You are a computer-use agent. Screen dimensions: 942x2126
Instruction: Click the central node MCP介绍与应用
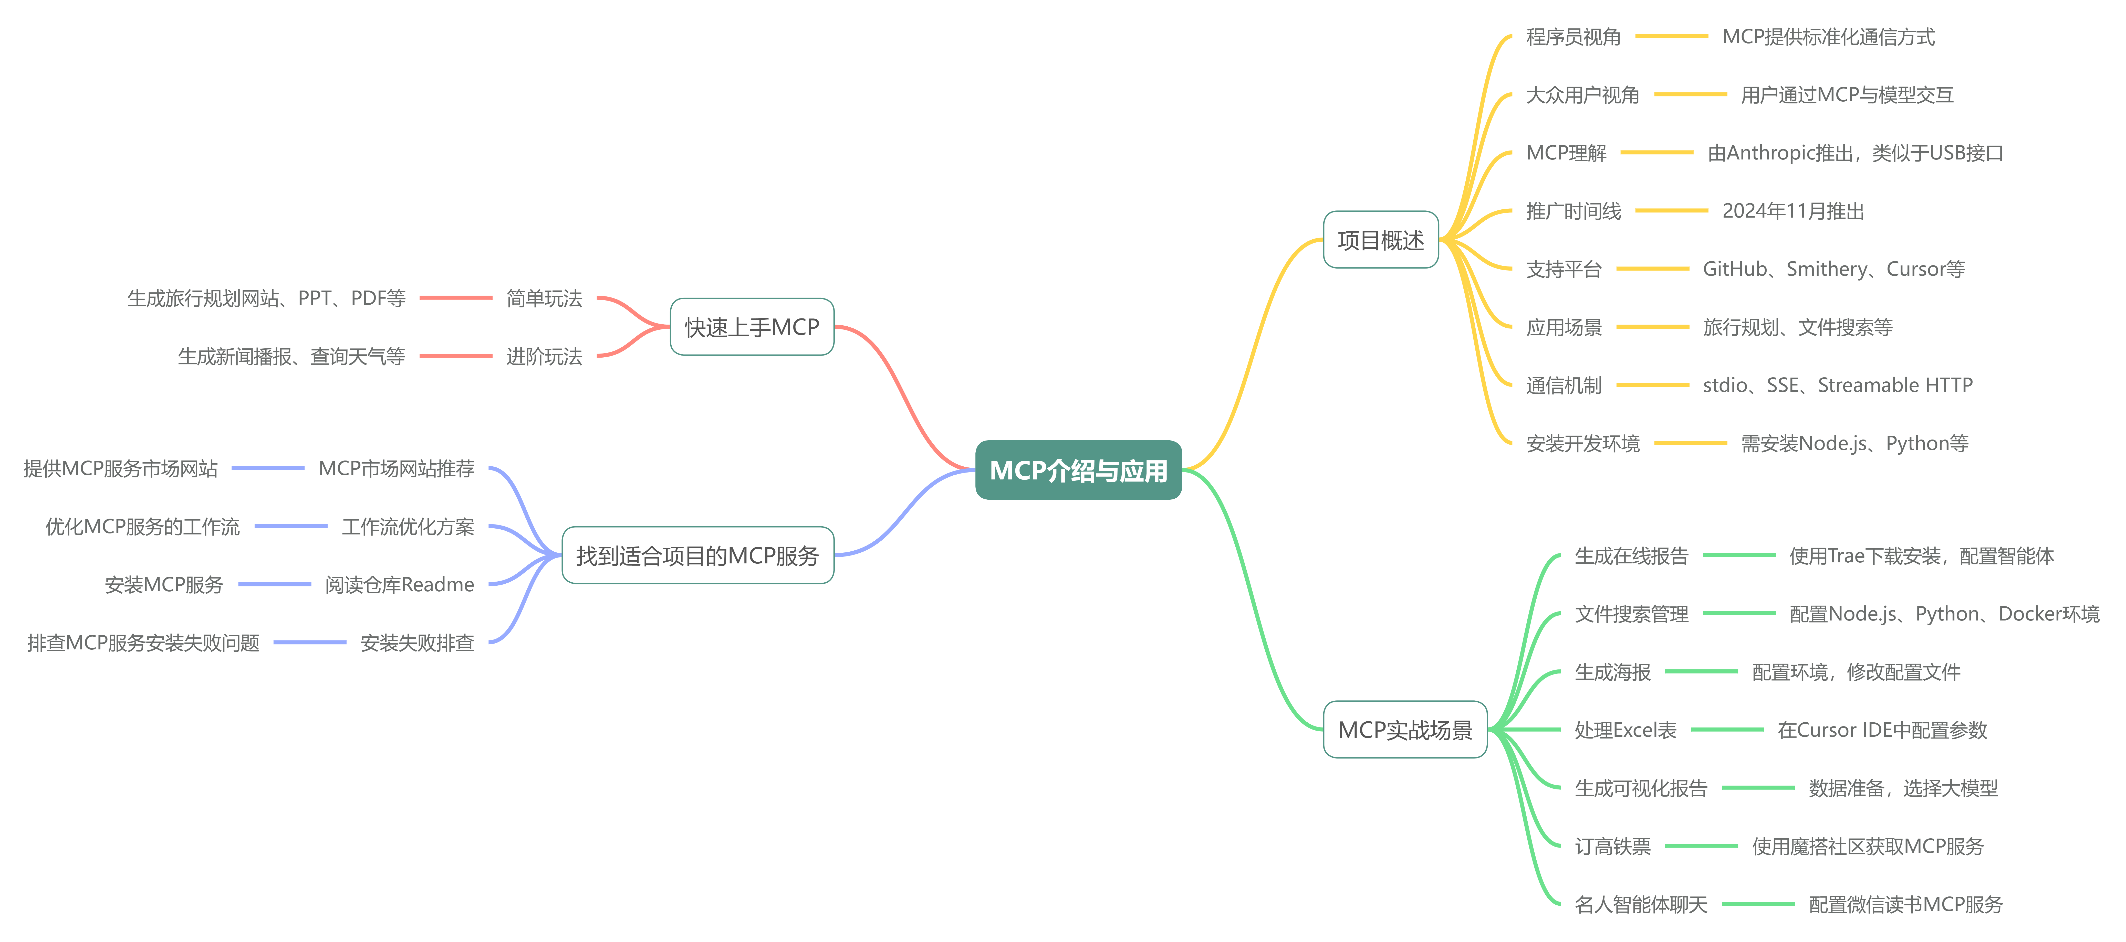(x=1078, y=470)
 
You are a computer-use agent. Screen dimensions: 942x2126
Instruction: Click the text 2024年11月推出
(x=1792, y=211)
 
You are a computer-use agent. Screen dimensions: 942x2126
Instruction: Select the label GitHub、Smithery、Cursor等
(x=1833, y=269)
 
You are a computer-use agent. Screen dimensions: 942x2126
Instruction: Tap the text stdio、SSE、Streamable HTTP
(x=1837, y=385)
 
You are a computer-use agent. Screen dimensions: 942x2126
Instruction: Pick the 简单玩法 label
(x=544, y=298)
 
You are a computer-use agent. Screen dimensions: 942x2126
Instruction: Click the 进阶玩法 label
(x=544, y=356)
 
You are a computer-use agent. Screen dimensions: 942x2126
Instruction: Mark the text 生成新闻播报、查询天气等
(x=291, y=356)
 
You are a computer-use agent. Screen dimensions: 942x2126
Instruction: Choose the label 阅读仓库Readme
(x=399, y=585)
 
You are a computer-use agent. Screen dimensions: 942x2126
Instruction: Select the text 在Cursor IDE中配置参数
(x=1882, y=730)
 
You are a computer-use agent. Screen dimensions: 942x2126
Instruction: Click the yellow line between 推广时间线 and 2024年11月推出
(x=1671, y=211)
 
